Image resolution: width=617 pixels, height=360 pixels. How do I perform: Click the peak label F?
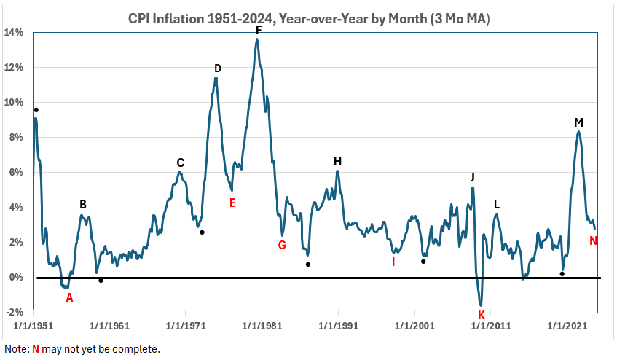tap(258, 30)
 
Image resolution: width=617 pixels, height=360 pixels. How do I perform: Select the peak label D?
tap(217, 69)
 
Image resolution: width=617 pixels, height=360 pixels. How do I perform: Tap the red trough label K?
tap(481, 315)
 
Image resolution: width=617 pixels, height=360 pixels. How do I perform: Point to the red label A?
tap(70, 297)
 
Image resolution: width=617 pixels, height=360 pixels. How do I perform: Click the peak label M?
tap(578, 122)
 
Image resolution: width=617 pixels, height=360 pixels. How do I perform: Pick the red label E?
tap(232, 203)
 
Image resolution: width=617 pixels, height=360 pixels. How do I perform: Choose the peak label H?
tap(337, 161)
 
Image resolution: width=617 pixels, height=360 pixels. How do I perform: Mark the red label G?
tap(282, 245)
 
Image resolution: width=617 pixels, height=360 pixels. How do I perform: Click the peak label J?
tap(473, 177)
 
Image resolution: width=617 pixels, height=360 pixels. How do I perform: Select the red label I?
tap(393, 262)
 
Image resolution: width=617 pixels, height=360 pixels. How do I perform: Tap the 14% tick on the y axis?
tap(15, 33)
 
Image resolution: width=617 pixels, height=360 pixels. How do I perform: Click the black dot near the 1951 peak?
tap(36, 110)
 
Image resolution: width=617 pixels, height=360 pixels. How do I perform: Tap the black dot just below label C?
tap(202, 232)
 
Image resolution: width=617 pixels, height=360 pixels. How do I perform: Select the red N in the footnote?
tap(35, 349)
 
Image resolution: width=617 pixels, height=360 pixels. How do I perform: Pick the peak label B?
tap(83, 204)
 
